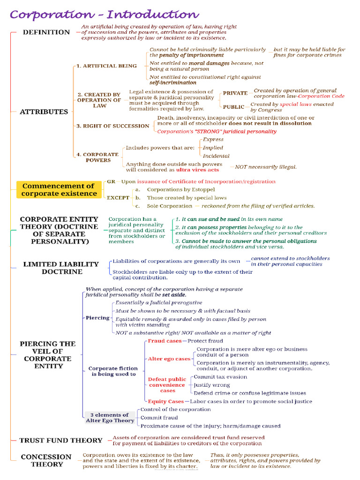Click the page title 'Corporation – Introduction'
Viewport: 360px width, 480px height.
click(x=104, y=15)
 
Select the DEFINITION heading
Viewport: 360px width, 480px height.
click(x=46, y=32)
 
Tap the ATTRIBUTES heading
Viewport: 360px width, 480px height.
click(x=44, y=112)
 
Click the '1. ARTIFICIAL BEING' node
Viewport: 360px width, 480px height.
click(x=107, y=66)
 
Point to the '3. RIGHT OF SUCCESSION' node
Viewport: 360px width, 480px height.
click(x=112, y=126)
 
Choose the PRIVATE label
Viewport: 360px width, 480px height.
click(x=235, y=93)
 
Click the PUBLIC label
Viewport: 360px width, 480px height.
click(x=233, y=107)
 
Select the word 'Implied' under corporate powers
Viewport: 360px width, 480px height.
click(x=213, y=148)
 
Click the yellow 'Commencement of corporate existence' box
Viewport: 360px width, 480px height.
click(x=58, y=189)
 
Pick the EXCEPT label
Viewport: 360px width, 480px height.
click(x=118, y=198)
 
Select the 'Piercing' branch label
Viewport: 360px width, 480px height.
click(x=97, y=318)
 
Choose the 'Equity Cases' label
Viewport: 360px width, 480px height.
click(x=166, y=401)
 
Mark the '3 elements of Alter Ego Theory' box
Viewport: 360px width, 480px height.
click(x=110, y=418)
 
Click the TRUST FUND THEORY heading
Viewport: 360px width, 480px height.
click(x=61, y=440)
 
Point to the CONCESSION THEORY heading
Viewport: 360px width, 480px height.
click(x=46, y=460)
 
